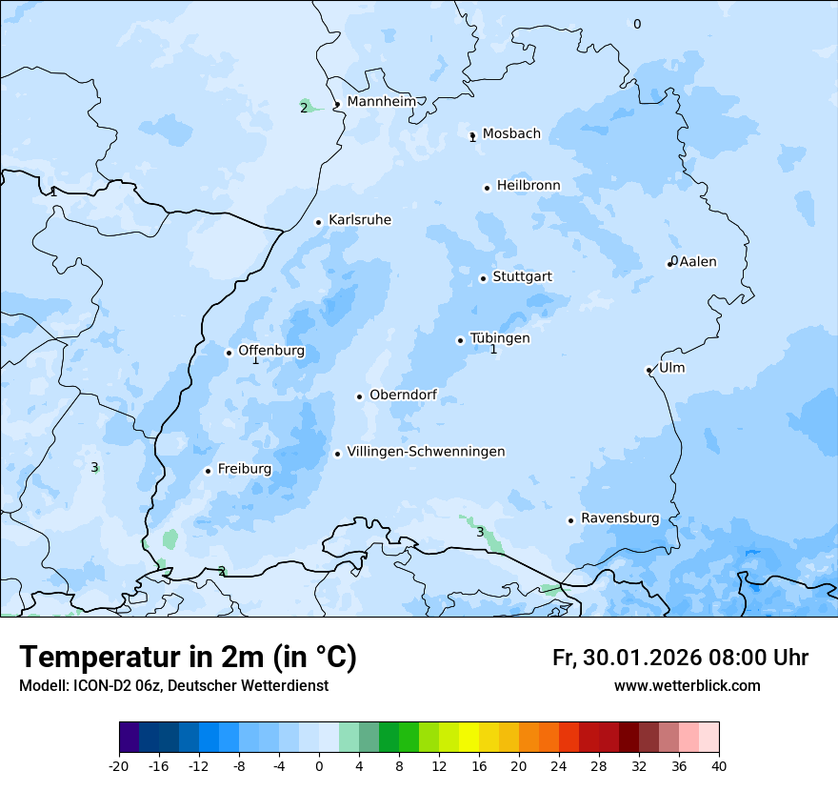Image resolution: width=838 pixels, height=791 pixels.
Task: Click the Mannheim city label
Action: (382, 101)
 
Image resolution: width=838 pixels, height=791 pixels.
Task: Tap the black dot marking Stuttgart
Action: (483, 278)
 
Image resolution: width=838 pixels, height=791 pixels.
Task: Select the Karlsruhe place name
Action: (360, 220)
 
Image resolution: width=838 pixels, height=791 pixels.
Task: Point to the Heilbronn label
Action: (529, 186)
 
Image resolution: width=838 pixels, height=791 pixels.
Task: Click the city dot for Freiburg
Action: (208, 471)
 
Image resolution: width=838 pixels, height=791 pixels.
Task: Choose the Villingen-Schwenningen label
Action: (426, 452)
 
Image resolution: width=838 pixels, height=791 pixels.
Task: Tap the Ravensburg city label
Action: (620, 518)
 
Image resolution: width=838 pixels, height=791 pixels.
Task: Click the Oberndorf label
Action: (403, 395)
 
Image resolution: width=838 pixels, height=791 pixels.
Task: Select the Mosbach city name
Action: (511, 133)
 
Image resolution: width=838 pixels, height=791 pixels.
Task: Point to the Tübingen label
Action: (500, 338)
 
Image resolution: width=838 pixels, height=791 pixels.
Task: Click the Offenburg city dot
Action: (229, 353)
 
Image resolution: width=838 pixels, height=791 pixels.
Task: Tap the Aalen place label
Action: (698, 262)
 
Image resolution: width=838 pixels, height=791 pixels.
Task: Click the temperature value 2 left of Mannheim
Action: (304, 108)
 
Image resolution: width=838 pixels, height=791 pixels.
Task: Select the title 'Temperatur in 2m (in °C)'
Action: (189, 658)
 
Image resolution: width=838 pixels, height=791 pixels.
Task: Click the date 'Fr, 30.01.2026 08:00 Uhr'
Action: (680, 658)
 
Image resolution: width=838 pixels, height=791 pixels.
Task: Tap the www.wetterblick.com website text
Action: (687, 686)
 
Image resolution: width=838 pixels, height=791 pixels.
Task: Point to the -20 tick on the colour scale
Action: (119, 766)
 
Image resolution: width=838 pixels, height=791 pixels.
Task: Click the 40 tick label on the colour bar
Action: (718, 766)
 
